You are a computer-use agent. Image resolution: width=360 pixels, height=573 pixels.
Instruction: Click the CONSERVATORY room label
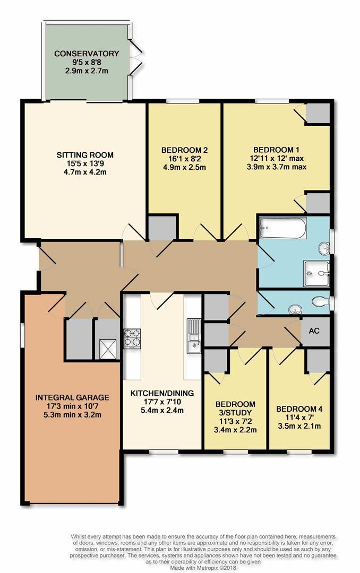coord(87,54)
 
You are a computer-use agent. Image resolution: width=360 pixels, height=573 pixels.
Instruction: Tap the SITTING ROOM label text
coord(85,155)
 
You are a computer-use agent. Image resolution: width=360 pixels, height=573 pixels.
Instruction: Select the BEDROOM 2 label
coord(184,150)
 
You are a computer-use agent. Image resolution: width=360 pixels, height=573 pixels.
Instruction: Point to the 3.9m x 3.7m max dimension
coord(277,167)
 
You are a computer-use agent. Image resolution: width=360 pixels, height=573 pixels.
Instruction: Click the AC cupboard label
coord(314,331)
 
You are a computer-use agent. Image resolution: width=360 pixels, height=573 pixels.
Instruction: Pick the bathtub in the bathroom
coord(283,228)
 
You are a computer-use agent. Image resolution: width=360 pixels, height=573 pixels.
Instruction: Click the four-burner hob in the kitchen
coord(132,338)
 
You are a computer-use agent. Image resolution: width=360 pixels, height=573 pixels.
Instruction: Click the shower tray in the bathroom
coord(316,273)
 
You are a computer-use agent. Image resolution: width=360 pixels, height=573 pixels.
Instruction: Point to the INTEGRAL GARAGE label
coord(72,397)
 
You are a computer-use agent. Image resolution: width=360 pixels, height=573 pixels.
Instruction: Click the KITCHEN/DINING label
coord(162,393)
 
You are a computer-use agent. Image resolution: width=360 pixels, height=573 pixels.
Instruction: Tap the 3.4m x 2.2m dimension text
coord(235,430)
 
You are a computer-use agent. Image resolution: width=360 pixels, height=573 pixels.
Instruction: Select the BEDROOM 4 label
coord(299,409)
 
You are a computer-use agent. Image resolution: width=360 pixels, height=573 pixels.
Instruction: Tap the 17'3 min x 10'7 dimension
coord(72,406)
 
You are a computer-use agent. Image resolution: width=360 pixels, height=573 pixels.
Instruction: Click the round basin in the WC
coord(295,310)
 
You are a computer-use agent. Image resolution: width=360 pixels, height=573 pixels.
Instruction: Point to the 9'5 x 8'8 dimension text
coord(87,62)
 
